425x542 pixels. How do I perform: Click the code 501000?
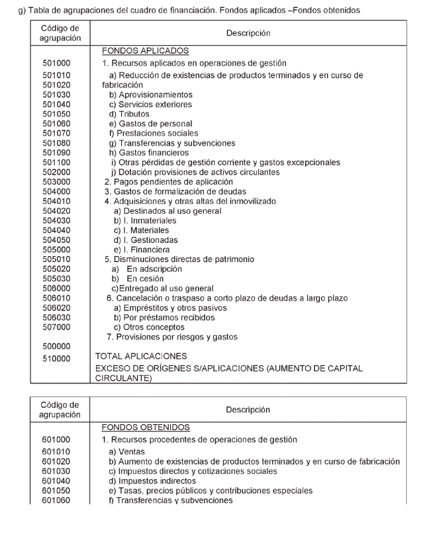(x=56, y=63)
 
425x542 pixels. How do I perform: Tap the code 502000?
(x=56, y=171)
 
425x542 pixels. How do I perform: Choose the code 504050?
(x=56, y=240)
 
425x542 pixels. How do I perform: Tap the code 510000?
(x=56, y=359)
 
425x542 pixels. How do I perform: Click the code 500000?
(x=56, y=345)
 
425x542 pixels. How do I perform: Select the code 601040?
(x=56, y=481)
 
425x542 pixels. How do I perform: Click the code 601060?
(x=56, y=500)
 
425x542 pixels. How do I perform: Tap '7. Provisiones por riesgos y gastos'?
(x=172, y=336)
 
